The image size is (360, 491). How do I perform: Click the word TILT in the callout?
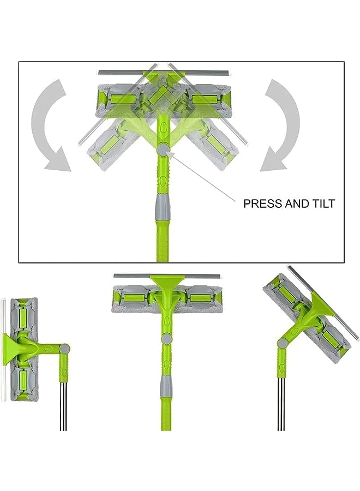tap(322, 204)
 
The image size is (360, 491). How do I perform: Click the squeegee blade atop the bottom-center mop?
tap(166, 276)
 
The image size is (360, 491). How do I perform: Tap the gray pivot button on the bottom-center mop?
tap(164, 338)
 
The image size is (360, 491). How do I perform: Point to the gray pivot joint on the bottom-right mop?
tap(283, 343)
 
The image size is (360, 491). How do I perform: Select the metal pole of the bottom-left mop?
tap(63, 404)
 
